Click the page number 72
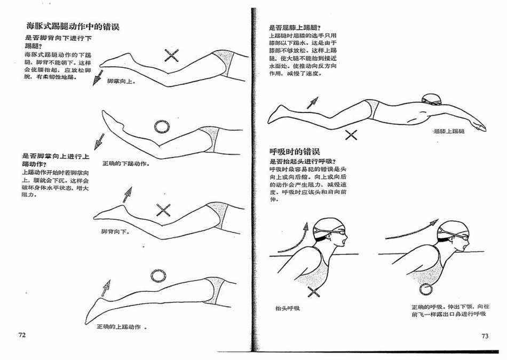(x=22, y=335)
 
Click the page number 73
(x=485, y=336)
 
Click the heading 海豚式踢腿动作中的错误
(x=73, y=27)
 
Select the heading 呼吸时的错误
(x=295, y=151)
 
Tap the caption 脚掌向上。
(x=121, y=81)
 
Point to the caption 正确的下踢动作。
(x=126, y=164)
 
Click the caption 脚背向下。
(x=116, y=231)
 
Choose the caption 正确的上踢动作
(x=118, y=327)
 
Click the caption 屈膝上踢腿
(x=449, y=131)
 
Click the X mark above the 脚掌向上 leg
(x=171, y=56)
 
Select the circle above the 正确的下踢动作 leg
(x=161, y=127)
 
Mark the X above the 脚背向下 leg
(x=164, y=210)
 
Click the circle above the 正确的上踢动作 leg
(x=158, y=275)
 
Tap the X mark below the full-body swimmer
(x=351, y=135)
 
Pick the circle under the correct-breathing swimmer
(x=426, y=289)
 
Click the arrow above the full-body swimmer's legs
(x=312, y=103)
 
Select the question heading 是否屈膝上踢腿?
(x=297, y=28)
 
